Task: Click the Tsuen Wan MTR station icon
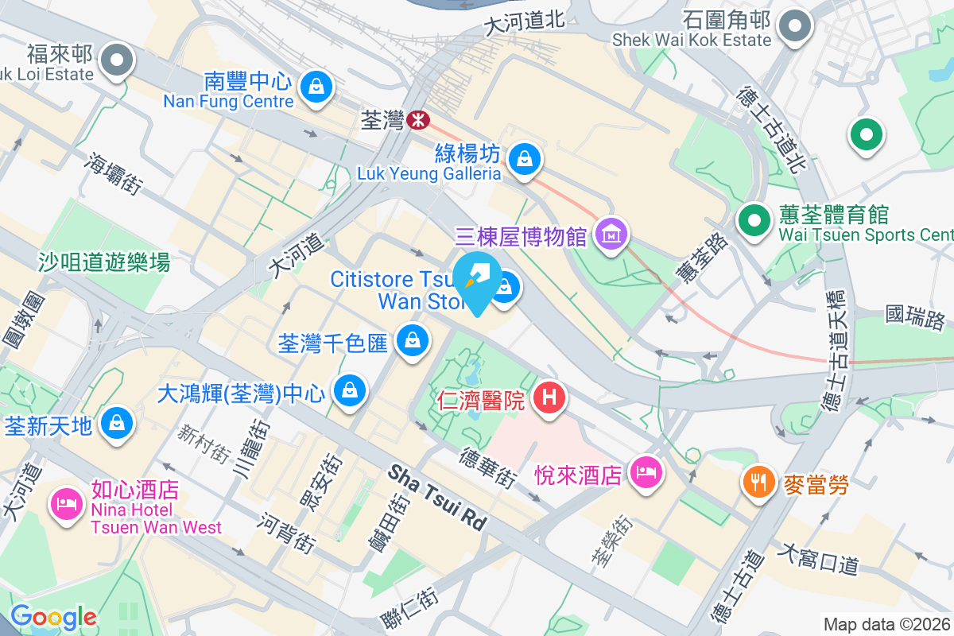417,120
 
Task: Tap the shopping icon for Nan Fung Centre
316,84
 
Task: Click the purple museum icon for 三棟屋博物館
611,234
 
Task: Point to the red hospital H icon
549,395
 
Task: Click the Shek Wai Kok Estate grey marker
794,26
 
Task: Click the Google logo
53,617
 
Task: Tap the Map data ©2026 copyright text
886,624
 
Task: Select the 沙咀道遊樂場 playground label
103,262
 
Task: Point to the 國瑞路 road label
915,318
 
